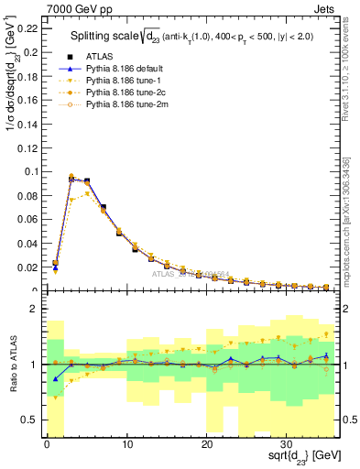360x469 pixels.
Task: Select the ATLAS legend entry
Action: [x=100, y=56]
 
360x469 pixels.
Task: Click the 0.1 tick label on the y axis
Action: [x=31, y=171]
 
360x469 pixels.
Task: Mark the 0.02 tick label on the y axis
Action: [x=28, y=267]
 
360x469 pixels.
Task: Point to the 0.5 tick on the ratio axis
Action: [x=30, y=420]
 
